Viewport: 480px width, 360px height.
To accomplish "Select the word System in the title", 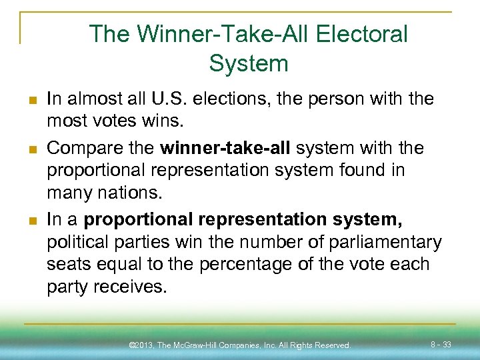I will click(248, 63).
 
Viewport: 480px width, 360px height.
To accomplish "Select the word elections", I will click(225, 99).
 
